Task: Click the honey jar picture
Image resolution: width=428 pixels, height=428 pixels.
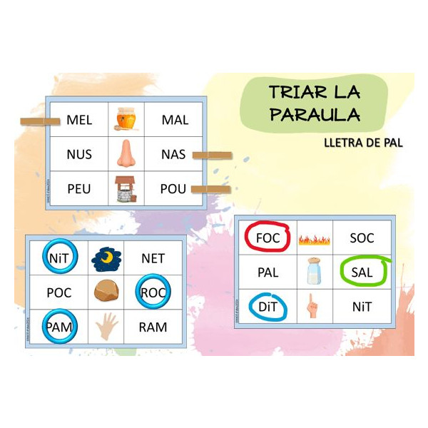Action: tap(126, 119)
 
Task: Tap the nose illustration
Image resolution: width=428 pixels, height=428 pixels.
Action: tap(126, 154)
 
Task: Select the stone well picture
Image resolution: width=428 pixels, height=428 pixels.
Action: tap(126, 189)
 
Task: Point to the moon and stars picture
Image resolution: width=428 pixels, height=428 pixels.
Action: tap(106, 258)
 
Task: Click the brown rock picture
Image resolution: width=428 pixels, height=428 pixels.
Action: tap(106, 292)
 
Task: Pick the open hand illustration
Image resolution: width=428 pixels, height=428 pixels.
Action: tap(106, 327)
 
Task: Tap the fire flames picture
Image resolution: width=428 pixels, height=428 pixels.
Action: tap(314, 238)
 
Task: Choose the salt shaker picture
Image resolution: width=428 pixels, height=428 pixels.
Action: tap(314, 272)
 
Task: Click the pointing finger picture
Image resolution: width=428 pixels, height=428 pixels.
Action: tap(313, 306)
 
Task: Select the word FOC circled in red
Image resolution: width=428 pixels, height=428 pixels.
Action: tap(267, 238)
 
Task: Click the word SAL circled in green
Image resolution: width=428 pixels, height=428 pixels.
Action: tap(362, 272)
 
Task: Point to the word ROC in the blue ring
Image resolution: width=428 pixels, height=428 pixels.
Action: tap(153, 292)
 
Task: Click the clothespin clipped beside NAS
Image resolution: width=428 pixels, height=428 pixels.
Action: tap(213, 155)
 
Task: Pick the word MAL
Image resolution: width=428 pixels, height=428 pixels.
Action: tap(175, 120)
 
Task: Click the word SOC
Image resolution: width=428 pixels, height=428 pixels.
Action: tap(362, 238)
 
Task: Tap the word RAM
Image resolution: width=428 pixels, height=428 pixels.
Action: tap(153, 327)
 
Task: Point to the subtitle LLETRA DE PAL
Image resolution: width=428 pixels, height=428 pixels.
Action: tap(362, 143)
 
